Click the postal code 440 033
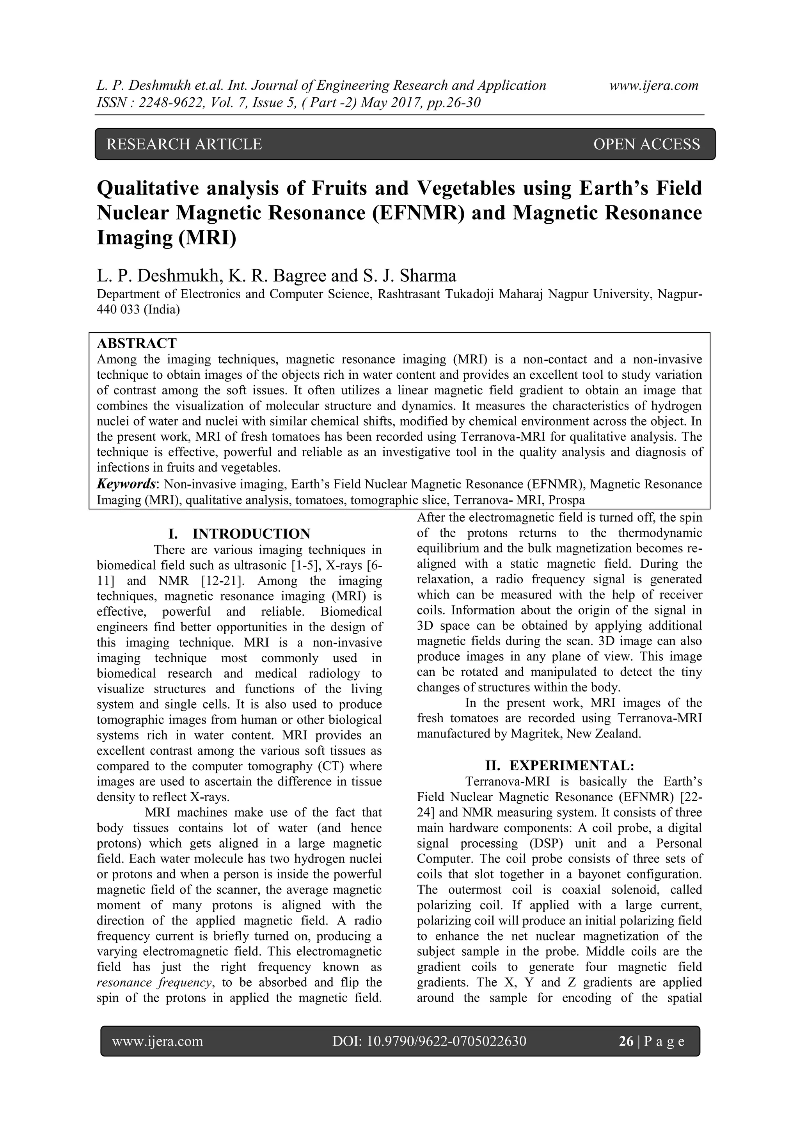pos(118,310)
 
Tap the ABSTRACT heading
pos(137,343)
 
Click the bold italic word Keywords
pos(126,484)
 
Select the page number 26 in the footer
pos(626,1041)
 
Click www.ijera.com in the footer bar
pos(158,1041)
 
